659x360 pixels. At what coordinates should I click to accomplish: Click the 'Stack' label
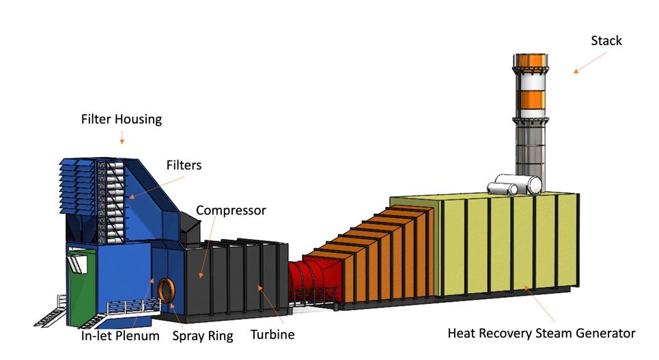click(606, 41)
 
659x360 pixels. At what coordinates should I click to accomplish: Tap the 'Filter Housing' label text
click(122, 120)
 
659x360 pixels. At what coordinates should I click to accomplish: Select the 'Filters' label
click(184, 165)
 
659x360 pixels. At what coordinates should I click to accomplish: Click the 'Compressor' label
click(231, 210)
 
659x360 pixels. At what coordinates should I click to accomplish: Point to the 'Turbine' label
click(272, 335)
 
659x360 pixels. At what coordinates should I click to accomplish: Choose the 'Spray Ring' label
click(202, 335)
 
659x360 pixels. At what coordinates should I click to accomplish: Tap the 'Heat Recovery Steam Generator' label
click(541, 334)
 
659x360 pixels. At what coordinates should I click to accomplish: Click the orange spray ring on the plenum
click(165, 290)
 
